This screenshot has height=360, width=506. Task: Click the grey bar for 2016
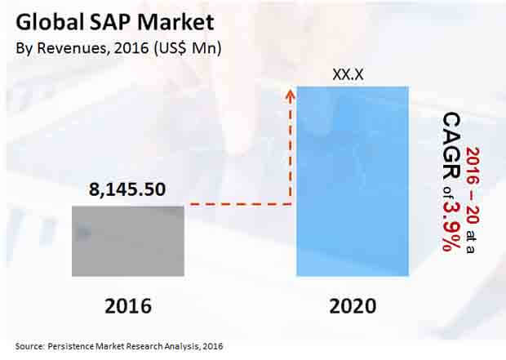(x=127, y=240)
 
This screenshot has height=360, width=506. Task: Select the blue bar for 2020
(x=353, y=180)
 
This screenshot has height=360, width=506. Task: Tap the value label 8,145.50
(x=127, y=190)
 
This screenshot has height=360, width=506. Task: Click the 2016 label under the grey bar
(x=128, y=306)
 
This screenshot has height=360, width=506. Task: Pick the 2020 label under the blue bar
(x=353, y=306)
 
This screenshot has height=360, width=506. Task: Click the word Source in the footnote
(x=29, y=347)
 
